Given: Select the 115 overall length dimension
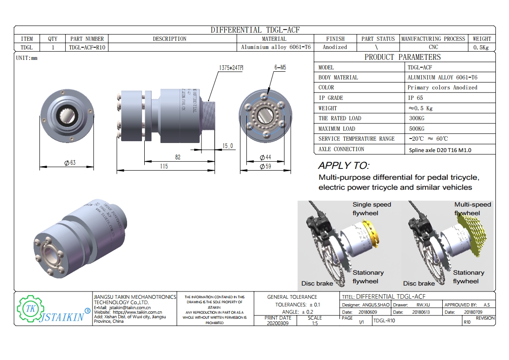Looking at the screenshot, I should [164, 167].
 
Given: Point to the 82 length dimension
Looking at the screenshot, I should [177, 157].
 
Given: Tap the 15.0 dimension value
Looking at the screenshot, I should [227, 146].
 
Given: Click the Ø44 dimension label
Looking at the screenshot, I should [265, 157].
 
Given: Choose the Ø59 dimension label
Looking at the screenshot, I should [265, 167].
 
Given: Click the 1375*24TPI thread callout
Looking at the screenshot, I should [231, 68].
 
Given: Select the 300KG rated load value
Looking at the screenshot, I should [416, 118].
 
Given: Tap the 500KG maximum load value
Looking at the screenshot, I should [416, 128].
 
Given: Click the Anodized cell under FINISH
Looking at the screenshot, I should [335, 47].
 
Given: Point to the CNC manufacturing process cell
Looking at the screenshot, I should [433, 47].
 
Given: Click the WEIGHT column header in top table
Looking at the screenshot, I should [482, 39].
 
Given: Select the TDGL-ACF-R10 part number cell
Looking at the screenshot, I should [87, 47].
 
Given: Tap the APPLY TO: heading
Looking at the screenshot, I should [344, 166].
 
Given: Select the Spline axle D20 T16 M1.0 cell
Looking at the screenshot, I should [439, 150].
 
